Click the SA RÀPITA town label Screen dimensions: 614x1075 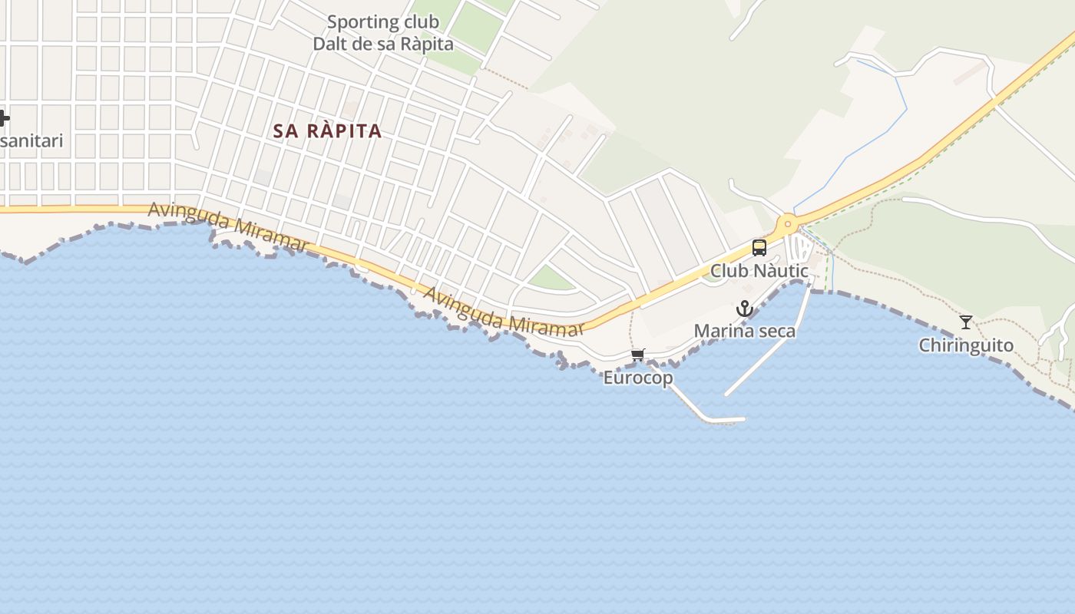tap(328, 130)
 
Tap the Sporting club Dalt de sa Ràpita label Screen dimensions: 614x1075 tap(383, 33)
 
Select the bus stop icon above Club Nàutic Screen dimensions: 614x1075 tap(759, 247)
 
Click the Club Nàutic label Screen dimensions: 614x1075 tap(759, 271)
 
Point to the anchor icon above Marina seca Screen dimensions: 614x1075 tap(744, 309)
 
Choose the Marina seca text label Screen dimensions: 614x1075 tap(744, 331)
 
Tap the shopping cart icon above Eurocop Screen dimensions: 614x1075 tap(638, 355)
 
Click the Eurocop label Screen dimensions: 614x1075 tap(638, 378)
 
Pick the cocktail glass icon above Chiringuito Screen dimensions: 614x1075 tap(966, 322)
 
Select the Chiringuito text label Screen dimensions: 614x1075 tap(966, 345)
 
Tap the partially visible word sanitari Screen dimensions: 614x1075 tap(31, 141)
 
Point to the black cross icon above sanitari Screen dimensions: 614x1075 tap(4, 118)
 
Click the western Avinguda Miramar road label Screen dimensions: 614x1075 tap(228, 226)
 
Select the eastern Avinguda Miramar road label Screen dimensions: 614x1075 tap(503, 312)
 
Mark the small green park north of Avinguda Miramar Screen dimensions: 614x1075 tap(550, 278)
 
